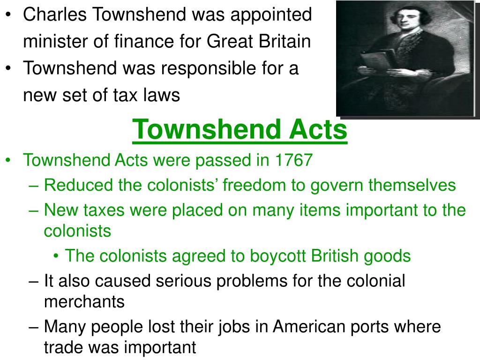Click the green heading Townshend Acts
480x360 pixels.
click(240, 131)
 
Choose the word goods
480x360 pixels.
click(389, 256)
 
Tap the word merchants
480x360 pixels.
click(84, 301)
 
